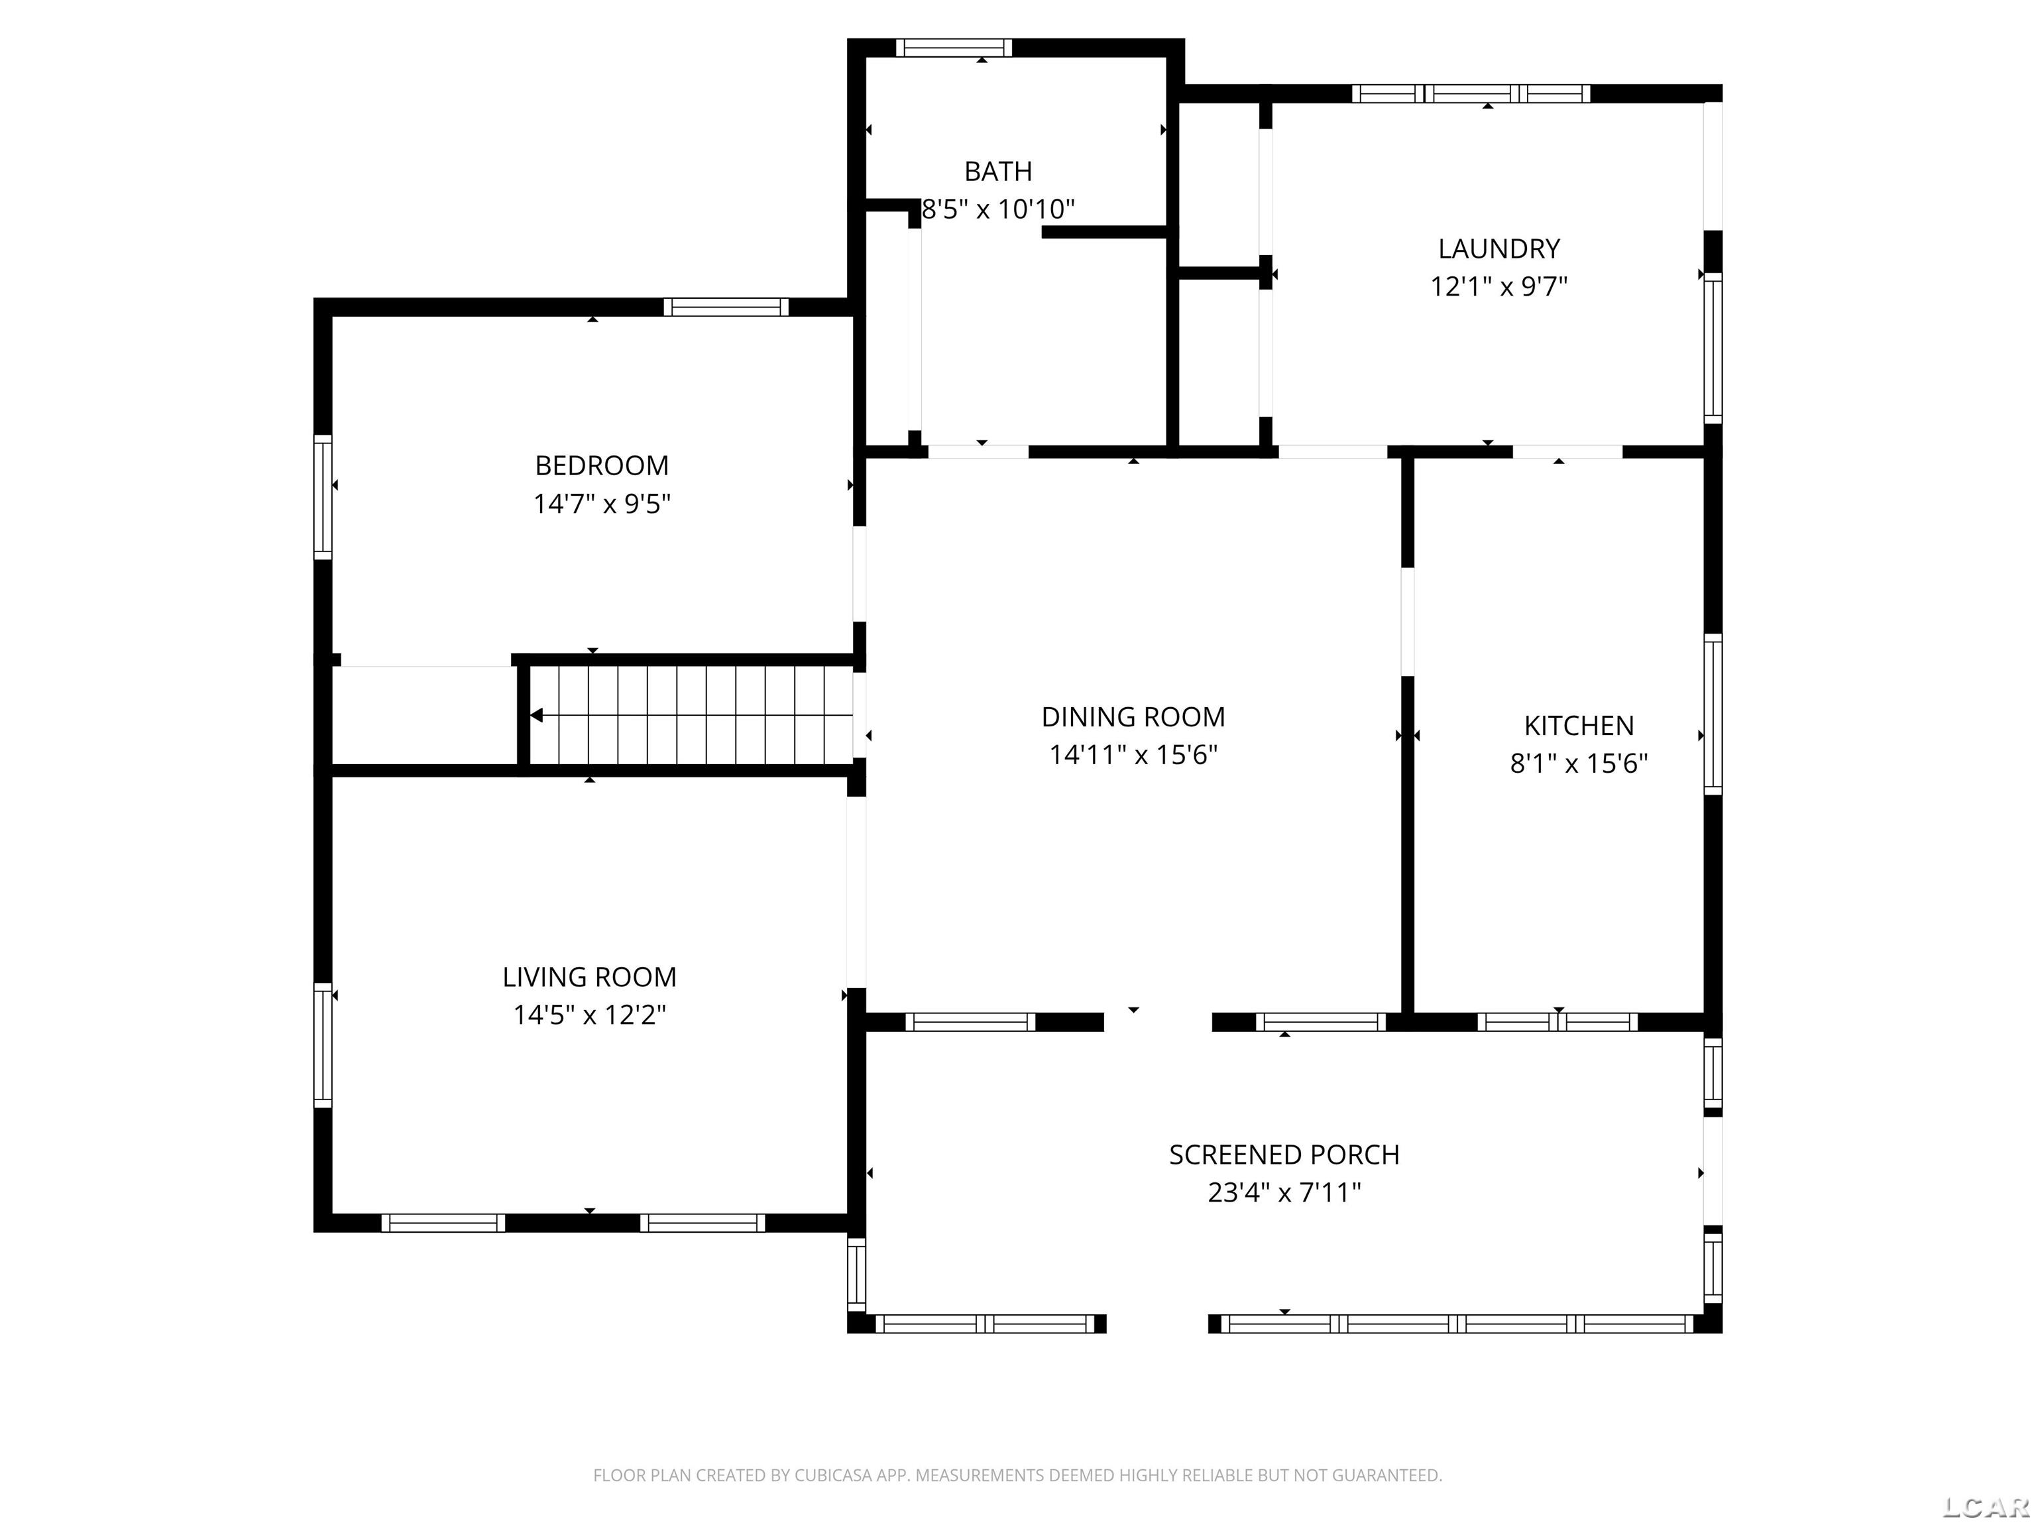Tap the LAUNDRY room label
click(1499, 249)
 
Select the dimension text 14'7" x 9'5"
click(602, 504)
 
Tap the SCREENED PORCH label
click(1284, 1155)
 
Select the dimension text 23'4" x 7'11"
click(1284, 1193)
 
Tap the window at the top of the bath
click(954, 48)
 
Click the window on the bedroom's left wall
click(322, 496)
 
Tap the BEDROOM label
click(602, 466)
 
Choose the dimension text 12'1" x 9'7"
click(1499, 286)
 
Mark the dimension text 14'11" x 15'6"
click(1133, 755)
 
